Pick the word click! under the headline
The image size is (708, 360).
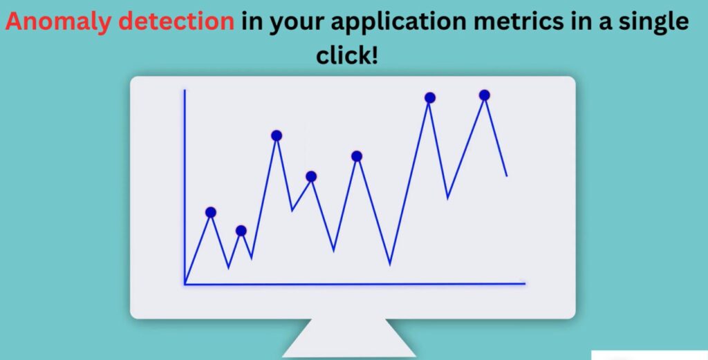point(347,55)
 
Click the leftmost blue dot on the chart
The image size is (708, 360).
point(210,213)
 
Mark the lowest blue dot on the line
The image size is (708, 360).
point(241,231)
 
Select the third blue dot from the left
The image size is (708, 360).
point(277,135)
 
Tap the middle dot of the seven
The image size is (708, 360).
point(311,176)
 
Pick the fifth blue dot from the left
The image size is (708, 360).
point(357,156)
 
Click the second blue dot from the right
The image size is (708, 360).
point(430,97)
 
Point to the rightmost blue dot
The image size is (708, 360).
point(485,95)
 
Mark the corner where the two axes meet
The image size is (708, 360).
point(185,284)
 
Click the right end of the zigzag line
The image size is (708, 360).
point(507,176)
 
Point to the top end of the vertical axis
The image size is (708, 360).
point(184,91)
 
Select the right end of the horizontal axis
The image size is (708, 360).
point(525,284)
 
